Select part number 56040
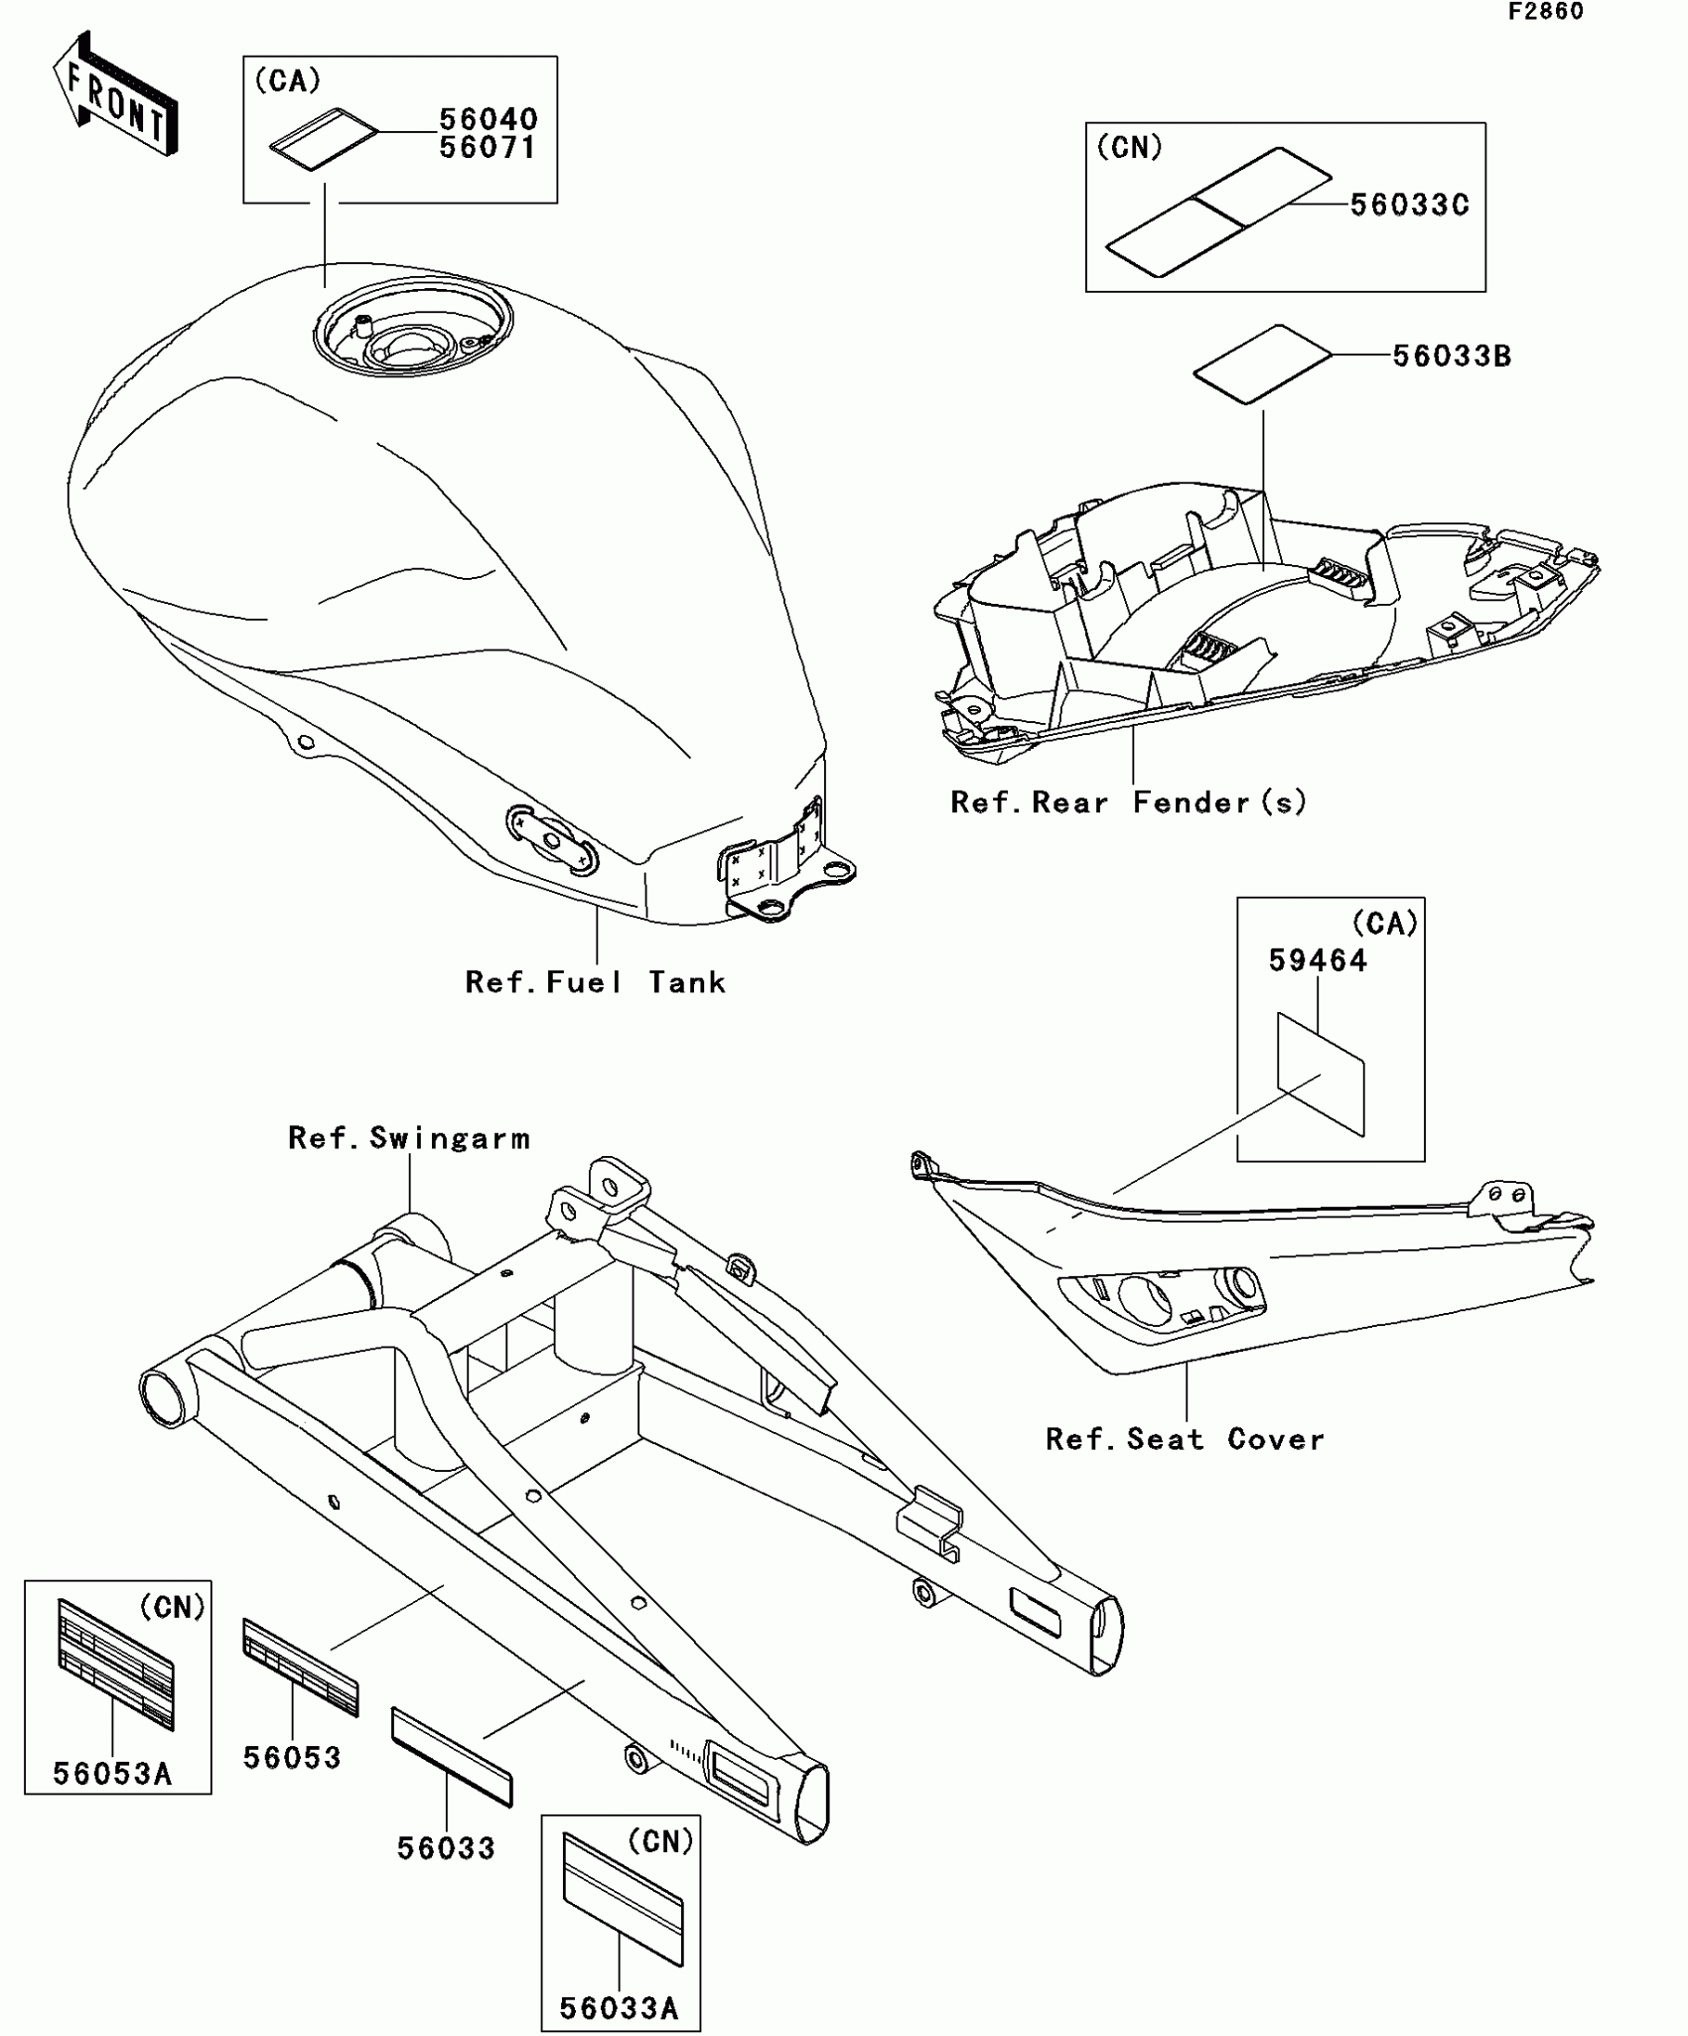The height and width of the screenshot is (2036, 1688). [489, 119]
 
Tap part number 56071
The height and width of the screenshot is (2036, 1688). [489, 148]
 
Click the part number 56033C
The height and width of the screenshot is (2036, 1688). [1409, 206]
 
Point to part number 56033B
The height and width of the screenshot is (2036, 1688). [1452, 357]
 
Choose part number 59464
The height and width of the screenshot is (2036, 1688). [1318, 960]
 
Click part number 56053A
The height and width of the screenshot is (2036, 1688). [112, 1774]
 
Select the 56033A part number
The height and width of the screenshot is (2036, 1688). [619, 2008]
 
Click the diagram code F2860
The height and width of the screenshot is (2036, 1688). [1545, 12]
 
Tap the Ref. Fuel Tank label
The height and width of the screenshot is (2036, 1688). [596, 983]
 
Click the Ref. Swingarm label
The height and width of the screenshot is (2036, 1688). [409, 1138]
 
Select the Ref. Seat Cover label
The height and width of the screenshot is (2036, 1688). [1185, 1440]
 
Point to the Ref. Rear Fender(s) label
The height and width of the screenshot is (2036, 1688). [1128, 802]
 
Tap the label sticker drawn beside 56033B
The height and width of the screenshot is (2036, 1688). [1261, 364]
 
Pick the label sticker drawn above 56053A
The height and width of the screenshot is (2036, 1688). [115, 1665]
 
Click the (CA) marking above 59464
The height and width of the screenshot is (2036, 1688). [1385, 924]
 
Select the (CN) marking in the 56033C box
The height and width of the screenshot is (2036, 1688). [1129, 148]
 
